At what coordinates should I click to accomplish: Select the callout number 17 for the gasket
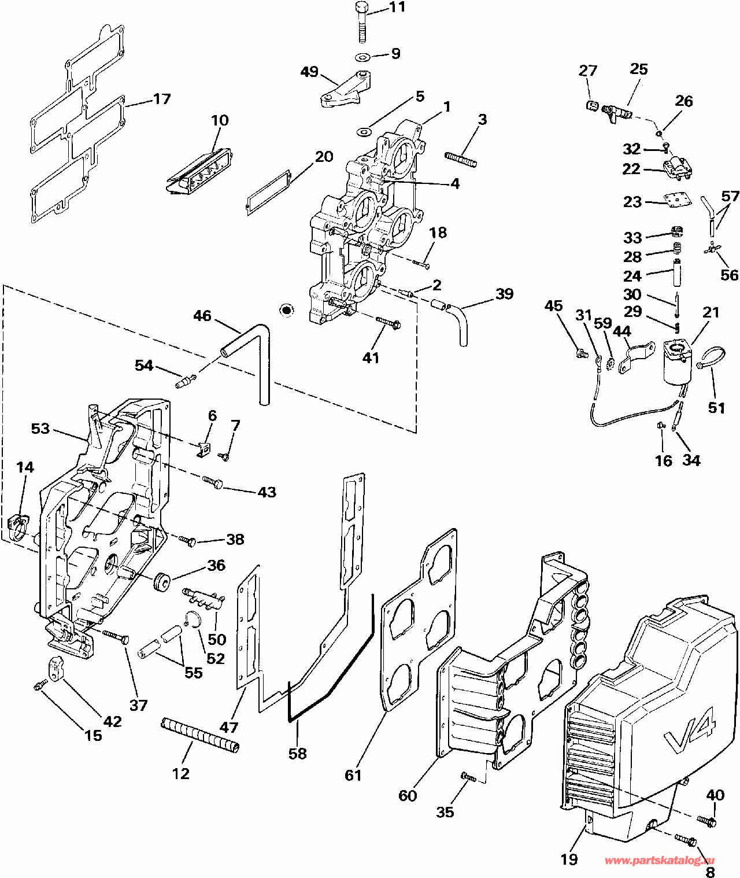pyautogui.click(x=162, y=99)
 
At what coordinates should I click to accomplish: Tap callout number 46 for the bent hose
pyautogui.click(x=202, y=316)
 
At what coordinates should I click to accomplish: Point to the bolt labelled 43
pyautogui.click(x=213, y=481)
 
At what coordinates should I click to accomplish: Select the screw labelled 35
pyautogui.click(x=469, y=777)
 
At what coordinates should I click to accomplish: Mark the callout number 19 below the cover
pyautogui.click(x=569, y=859)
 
